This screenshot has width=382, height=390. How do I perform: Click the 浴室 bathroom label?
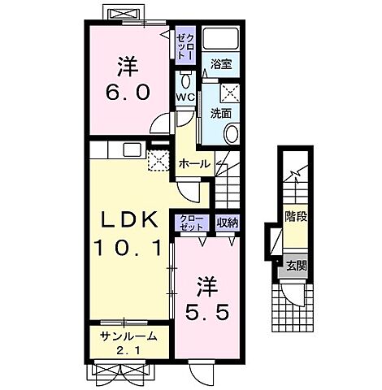pyautogui.click(x=221, y=65)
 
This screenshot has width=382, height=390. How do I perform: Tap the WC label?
pyautogui.click(x=185, y=97)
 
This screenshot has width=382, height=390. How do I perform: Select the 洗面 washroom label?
pyautogui.click(x=221, y=114)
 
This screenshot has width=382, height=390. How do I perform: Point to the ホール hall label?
pyautogui.click(x=195, y=164)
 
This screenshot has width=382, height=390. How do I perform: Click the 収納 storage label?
pyautogui.click(x=228, y=223)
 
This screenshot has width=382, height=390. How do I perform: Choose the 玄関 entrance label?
pyautogui.click(x=297, y=266)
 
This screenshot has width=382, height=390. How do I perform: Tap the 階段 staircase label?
pyautogui.click(x=296, y=217)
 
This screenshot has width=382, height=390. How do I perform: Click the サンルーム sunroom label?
pyautogui.click(x=129, y=336)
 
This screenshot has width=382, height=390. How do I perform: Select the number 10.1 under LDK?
pyautogui.click(x=128, y=249)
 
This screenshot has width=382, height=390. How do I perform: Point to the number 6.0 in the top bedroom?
pyautogui.click(x=128, y=92)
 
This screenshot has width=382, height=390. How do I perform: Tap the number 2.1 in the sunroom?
pyautogui.click(x=128, y=351)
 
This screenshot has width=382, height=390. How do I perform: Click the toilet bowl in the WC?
pyautogui.click(x=185, y=80)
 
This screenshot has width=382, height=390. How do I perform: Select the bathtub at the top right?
pyautogui.click(x=221, y=38)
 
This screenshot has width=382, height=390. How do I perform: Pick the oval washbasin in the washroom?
pyautogui.click(x=232, y=134)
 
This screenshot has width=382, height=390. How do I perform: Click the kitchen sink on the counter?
pyautogui.click(x=132, y=149)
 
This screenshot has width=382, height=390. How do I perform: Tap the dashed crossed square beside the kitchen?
pyautogui.click(x=158, y=160)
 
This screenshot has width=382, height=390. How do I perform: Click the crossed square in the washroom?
pyautogui.click(x=230, y=93)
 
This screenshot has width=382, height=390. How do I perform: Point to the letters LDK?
pyautogui.click(x=129, y=219)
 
